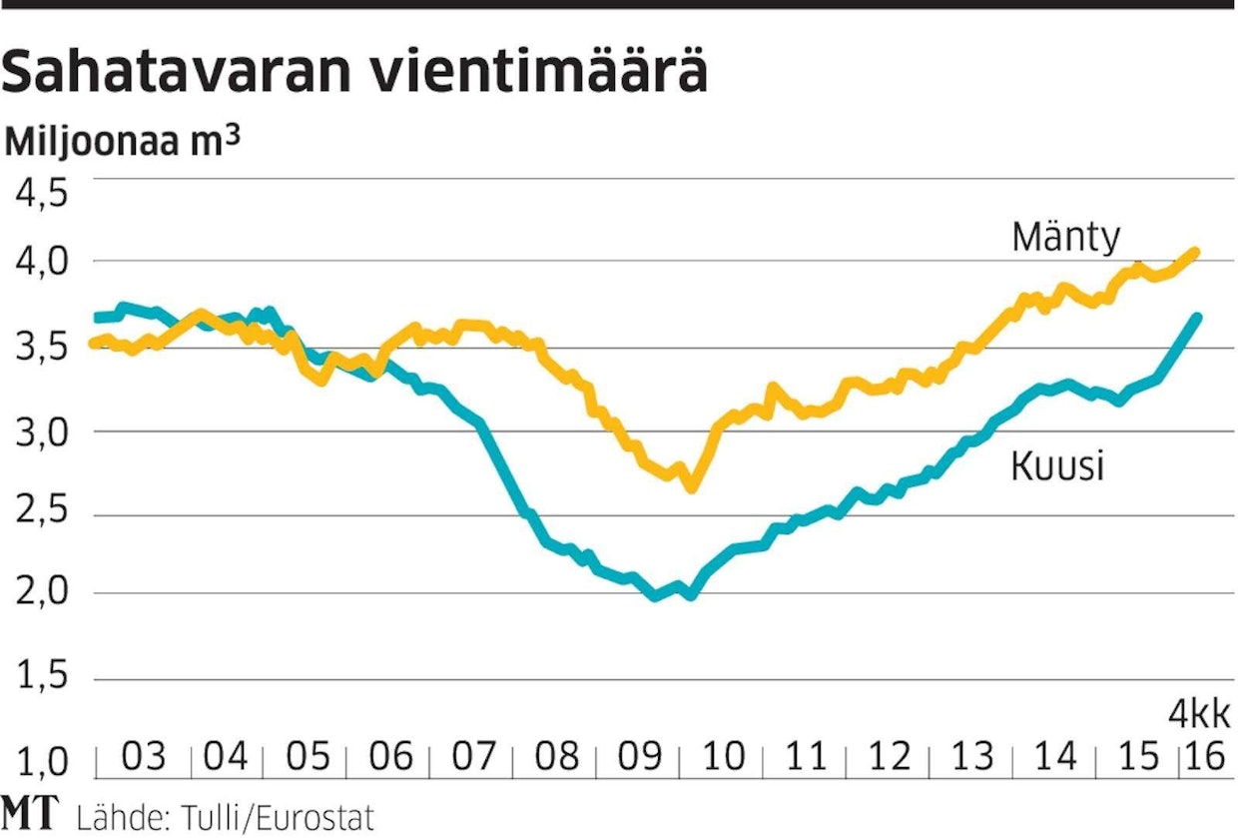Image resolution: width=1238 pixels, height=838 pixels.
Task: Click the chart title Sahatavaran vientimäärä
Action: (356, 72)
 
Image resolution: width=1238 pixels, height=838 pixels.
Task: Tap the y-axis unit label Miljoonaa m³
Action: (122, 141)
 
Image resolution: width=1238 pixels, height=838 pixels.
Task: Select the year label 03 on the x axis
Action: (144, 756)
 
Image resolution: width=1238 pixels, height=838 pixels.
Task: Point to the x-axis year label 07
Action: (475, 756)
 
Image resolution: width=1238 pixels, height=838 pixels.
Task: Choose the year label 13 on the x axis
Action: (971, 756)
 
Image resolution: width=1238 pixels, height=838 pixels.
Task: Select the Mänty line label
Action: (1065, 238)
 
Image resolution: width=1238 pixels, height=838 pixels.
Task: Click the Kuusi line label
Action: (1057, 466)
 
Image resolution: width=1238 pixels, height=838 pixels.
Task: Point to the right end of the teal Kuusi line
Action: (1196, 318)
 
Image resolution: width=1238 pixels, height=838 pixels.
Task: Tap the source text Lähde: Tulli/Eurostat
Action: (224, 817)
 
